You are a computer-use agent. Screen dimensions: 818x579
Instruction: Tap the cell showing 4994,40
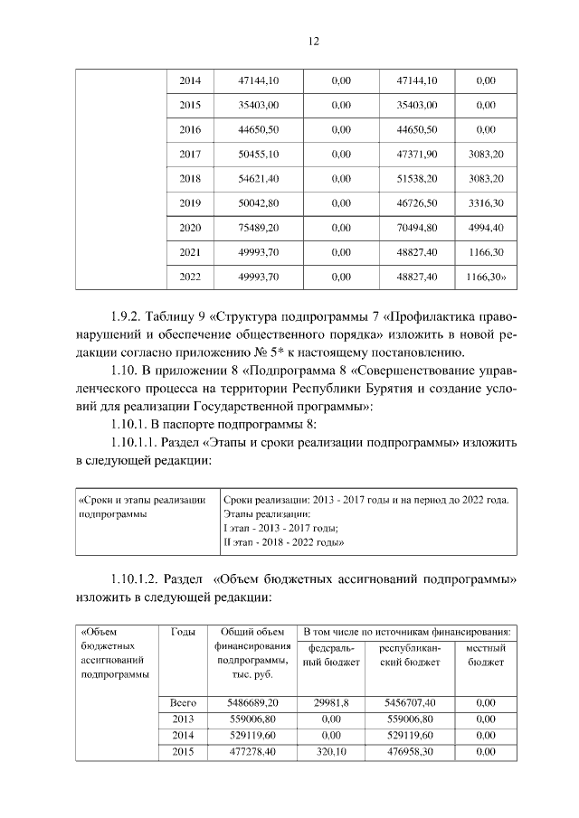(486, 227)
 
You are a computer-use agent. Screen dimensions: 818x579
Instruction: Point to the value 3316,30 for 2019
(486, 202)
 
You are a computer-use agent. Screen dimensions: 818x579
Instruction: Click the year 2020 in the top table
(190, 227)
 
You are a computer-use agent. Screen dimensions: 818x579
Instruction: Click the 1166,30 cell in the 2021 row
(486, 251)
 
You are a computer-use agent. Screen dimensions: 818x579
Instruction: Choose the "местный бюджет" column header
(486, 655)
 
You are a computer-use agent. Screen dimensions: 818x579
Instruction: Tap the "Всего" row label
(184, 701)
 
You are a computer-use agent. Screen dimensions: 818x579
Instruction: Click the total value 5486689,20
(253, 701)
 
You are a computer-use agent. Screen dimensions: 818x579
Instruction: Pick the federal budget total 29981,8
(331, 701)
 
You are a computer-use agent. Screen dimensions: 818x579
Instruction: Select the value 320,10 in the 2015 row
(331, 751)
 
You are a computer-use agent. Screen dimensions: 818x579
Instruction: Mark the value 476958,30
(410, 751)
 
